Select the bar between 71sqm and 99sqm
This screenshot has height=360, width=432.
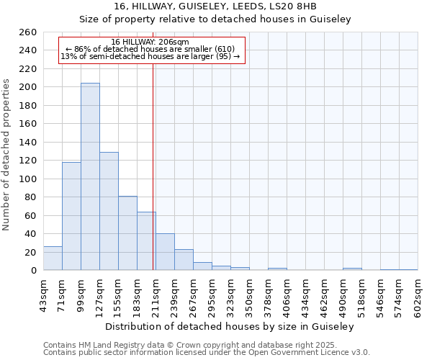(71, 216)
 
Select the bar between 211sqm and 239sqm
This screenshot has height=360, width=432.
(165, 252)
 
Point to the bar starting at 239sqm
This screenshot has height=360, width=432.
(184, 260)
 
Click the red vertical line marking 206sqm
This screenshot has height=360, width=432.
(153, 166)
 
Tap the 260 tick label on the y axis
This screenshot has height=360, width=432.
(27, 32)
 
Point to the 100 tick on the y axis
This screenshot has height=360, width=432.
(27, 179)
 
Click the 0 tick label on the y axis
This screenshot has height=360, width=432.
(33, 271)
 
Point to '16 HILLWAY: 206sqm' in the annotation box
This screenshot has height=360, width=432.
(150, 42)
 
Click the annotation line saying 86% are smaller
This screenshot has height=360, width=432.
(150, 49)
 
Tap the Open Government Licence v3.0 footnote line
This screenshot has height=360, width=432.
(207, 353)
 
